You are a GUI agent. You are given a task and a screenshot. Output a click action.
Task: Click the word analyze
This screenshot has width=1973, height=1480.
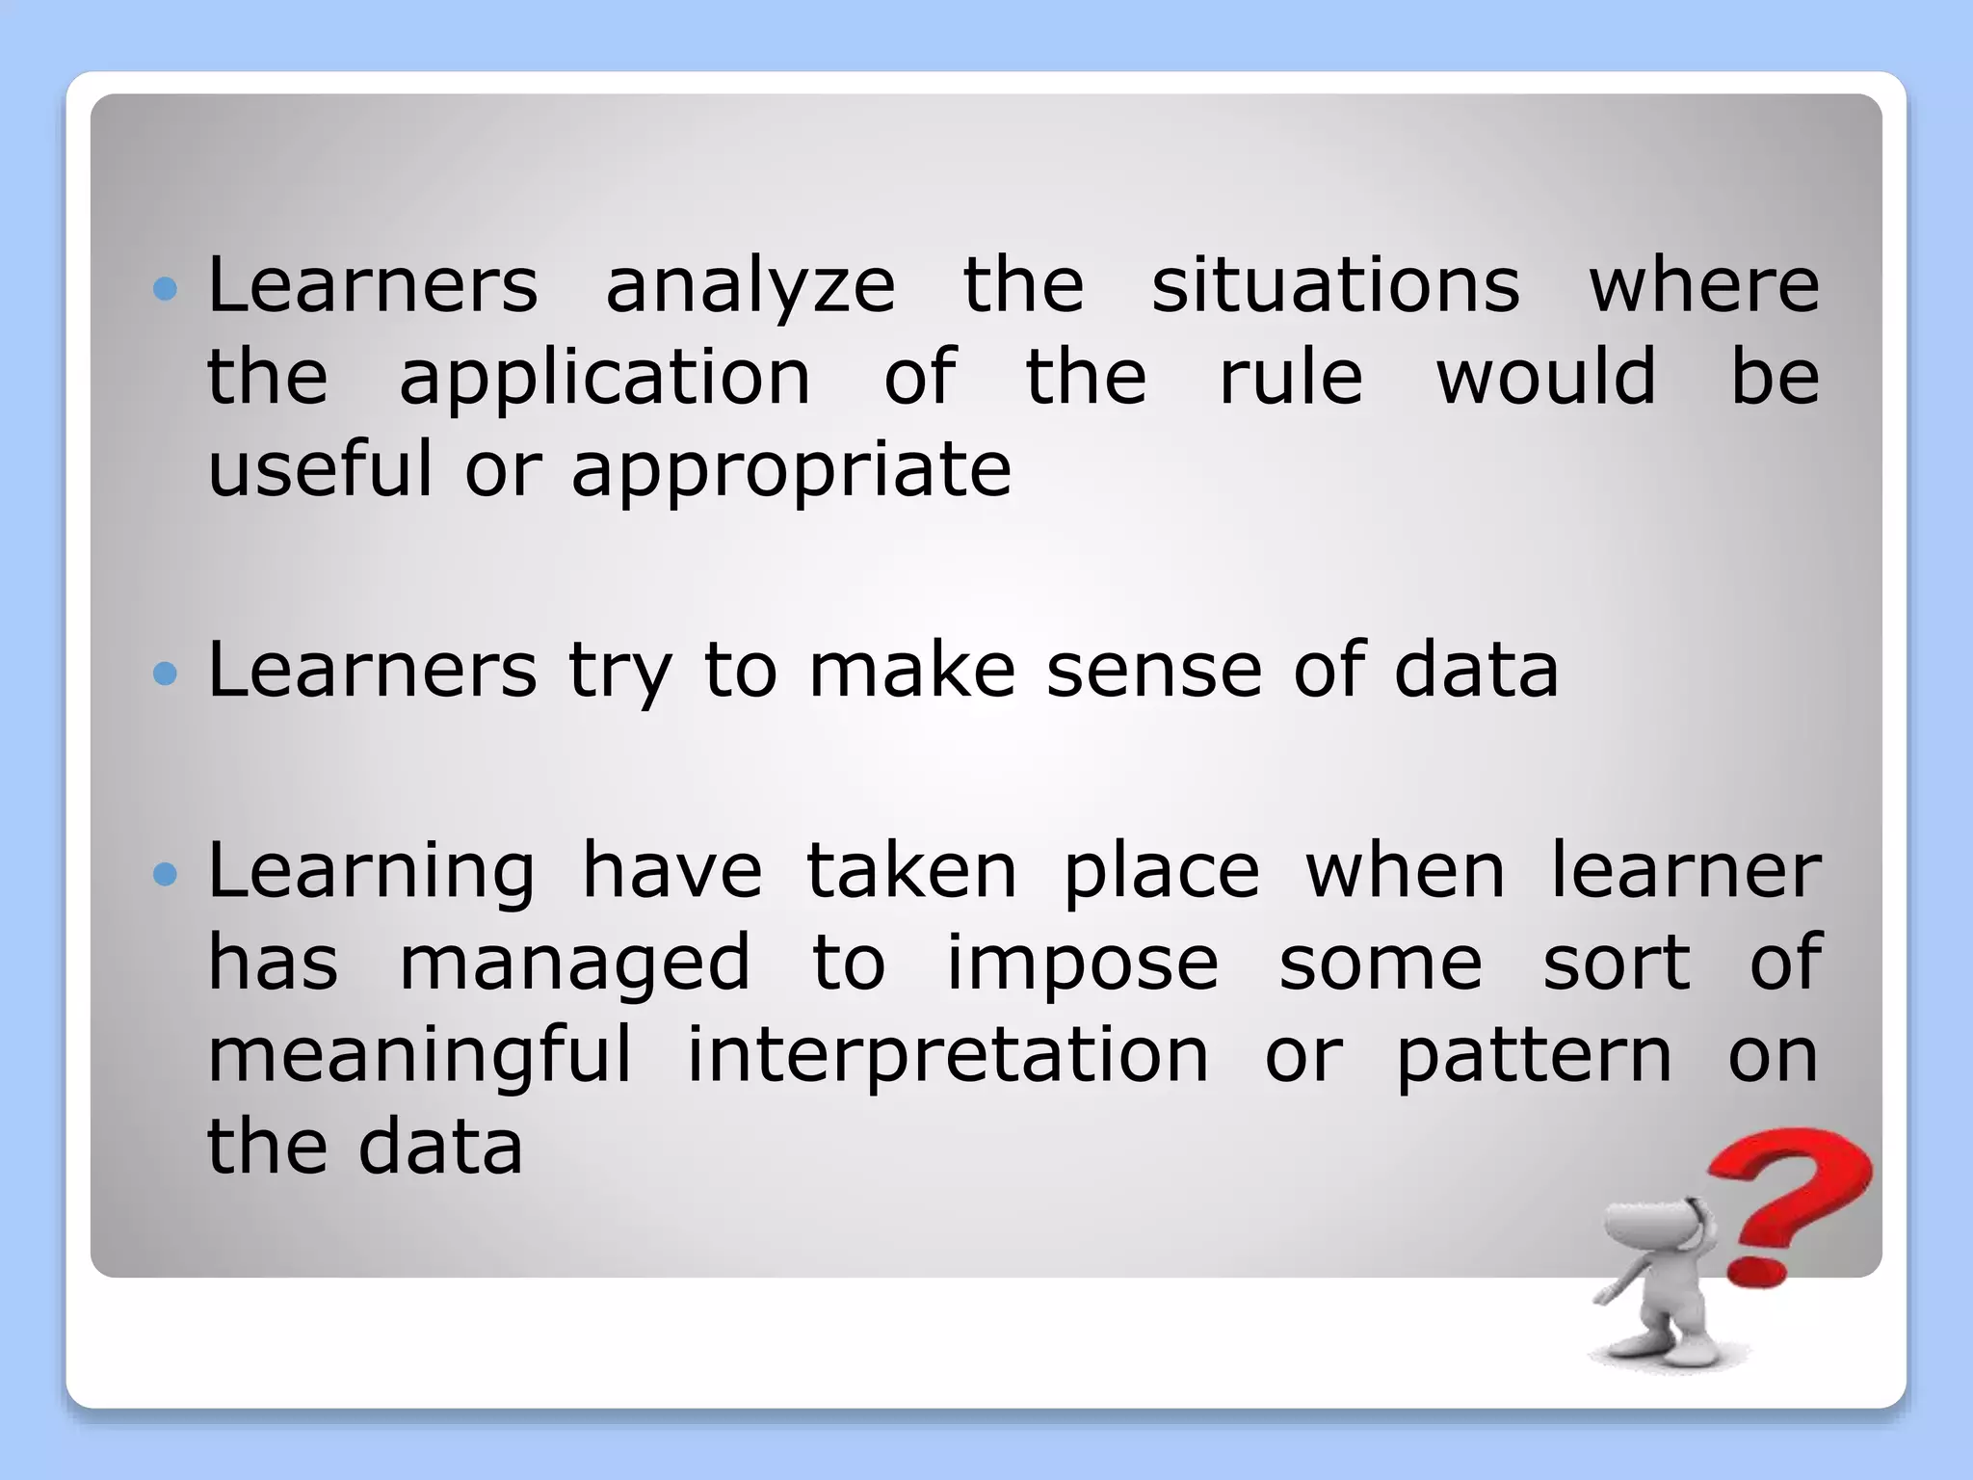point(750,287)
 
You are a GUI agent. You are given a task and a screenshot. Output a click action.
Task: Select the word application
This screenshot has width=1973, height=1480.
point(605,379)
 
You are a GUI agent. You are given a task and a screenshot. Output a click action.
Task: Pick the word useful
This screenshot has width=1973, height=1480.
point(320,468)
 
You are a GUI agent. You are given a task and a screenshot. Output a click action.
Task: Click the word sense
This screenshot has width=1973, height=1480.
point(1154,671)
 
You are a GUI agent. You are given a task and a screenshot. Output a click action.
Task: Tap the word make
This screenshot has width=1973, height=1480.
point(911,671)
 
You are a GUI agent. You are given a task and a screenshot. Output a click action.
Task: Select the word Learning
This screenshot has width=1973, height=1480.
point(371,872)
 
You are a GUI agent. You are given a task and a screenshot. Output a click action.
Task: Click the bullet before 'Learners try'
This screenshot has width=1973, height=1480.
point(166,674)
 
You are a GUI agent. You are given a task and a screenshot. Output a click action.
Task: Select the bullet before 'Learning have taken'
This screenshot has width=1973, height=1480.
point(166,875)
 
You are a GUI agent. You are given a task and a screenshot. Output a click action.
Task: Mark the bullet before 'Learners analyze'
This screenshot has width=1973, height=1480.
point(166,289)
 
